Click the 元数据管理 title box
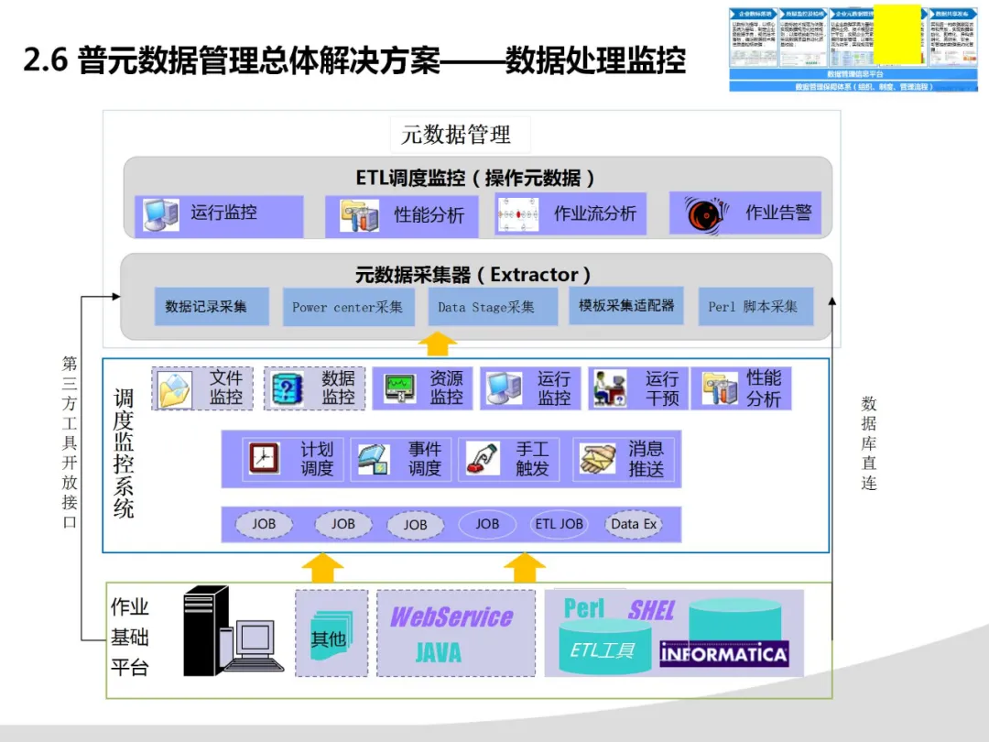(456, 135)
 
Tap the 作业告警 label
(778, 213)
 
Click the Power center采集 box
(347, 307)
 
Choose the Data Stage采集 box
(493, 307)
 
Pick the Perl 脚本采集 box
(753, 307)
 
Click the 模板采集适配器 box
(626, 305)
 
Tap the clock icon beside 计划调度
(264, 458)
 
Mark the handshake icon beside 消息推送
(597, 459)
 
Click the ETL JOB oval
(559, 524)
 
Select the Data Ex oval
(634, 524)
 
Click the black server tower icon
(205, 630)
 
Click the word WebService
(451, 617)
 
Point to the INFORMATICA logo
(724, 653)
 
